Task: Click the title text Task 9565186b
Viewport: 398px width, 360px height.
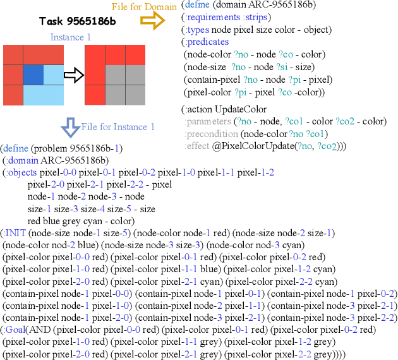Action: [x=69, y=22]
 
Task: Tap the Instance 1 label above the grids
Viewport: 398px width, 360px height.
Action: [x=70, y=37]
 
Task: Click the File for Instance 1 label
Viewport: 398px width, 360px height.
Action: [x=118, y=127]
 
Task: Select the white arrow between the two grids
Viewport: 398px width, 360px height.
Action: [x=75, y=76]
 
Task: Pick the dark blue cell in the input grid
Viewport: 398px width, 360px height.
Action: [x=33, y=75]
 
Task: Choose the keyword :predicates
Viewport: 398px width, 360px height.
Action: [x=207, y=42]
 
